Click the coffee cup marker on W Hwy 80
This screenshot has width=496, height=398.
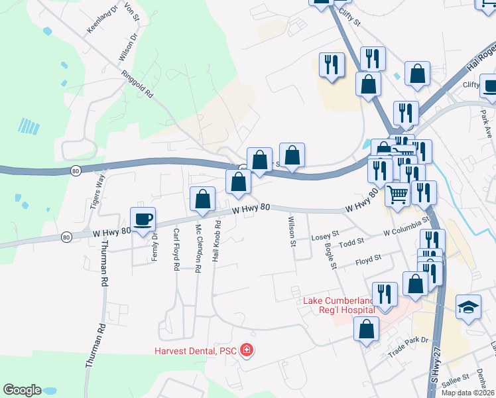coord(143,218)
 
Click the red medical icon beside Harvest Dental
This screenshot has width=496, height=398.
coord(247,349)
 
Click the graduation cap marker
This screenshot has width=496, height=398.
coord(468,307)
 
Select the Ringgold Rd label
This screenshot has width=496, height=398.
coord(137,86)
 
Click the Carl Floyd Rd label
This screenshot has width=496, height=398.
coord(176,249)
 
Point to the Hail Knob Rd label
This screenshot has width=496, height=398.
coord(216,240)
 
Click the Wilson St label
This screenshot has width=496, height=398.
coord(292,231)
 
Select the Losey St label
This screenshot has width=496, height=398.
coord(325,235)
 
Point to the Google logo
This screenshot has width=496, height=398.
coord(23,390)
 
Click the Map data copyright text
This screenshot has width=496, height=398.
coord(467,393)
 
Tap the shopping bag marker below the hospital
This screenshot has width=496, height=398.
coord(367,329)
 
